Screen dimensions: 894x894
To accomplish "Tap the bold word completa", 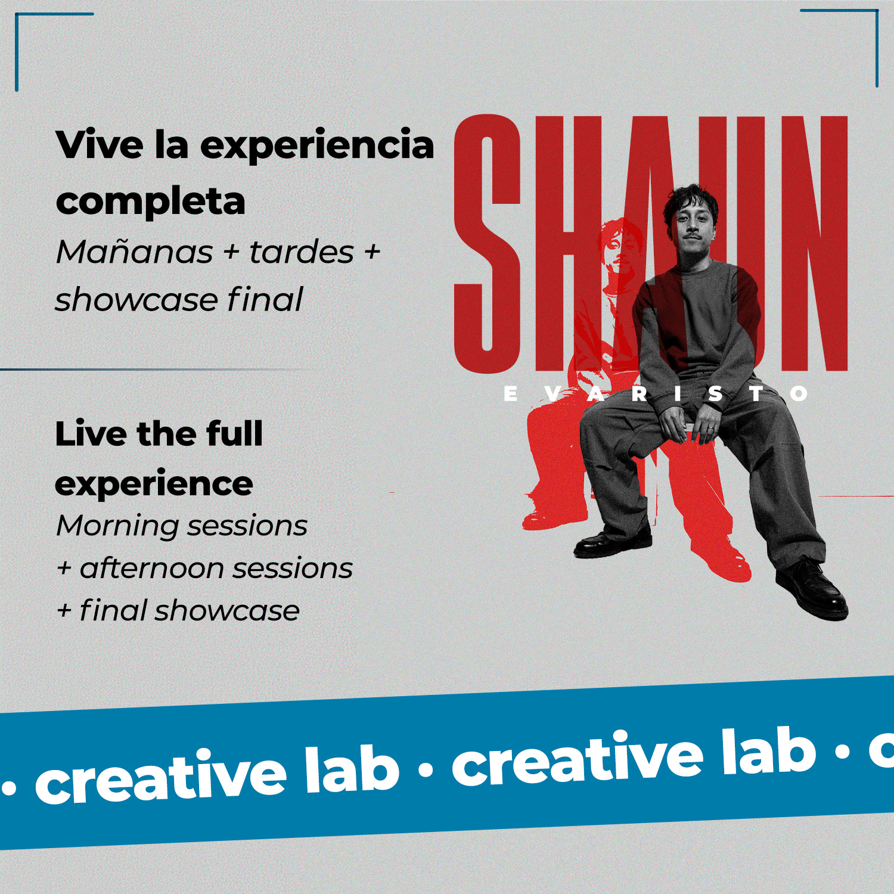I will (x=150, y=201).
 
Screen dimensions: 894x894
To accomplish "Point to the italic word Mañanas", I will (x=134, y=252).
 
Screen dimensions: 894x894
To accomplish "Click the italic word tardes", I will (x=302, y=252).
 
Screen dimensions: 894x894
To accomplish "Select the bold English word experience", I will (x=154, y=483).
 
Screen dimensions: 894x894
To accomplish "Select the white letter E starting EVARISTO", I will (x=511, y=394).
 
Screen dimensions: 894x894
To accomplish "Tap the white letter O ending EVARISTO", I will (x=799, y=394).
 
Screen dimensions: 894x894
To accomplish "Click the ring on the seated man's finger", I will (x=710, y=427).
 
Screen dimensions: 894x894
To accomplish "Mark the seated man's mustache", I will (x=689, y=238).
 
